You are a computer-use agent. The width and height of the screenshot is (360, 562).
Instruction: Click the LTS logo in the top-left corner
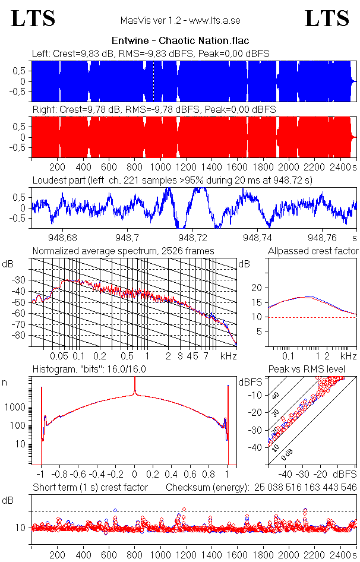coord(33,18)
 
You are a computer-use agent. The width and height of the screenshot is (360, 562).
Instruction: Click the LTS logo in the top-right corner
coord(327,18)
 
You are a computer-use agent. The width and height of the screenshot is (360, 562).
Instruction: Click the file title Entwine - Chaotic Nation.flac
coord(180,40)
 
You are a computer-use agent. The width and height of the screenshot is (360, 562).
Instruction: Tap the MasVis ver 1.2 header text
coord(180,21)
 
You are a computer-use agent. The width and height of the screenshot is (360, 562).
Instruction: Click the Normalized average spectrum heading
coord(124,251)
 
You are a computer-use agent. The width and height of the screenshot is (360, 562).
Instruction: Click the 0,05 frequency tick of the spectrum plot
coord(59,356)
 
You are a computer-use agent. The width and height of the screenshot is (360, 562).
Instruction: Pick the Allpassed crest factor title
coord(313,251)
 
